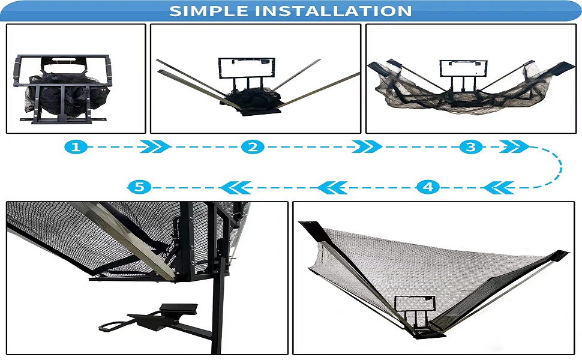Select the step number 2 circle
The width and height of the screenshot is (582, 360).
pyautogui.click(x=253, y=147)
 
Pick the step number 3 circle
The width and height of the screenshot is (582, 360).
pyautogui.click(x=471, y=147)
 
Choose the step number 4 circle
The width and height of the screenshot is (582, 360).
pyautogui.click(x=427, y=187)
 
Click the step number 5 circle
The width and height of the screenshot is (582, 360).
pyautogui.click(x=139, y=187)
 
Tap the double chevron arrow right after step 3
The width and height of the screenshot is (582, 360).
pyautogui.click(x=513, y=147)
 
